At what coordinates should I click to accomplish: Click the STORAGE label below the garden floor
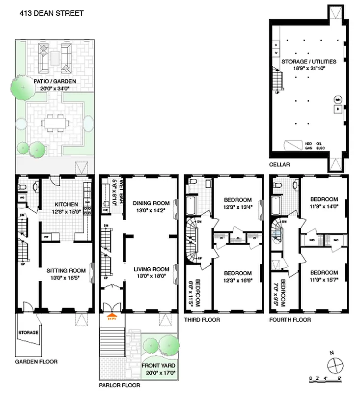28,333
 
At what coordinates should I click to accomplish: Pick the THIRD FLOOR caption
201,320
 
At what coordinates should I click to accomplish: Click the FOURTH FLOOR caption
290,320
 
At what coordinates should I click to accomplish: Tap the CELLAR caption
279,165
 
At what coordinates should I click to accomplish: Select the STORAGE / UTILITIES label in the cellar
308,62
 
